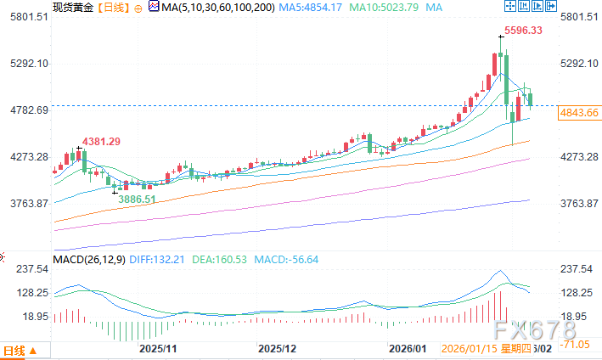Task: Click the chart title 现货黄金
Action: click(x=71, y=7)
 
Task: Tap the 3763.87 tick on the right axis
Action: click(x=579, y=204)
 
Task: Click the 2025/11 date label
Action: click(x=158, y=349)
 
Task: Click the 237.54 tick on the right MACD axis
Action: click(x=577, y=269)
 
